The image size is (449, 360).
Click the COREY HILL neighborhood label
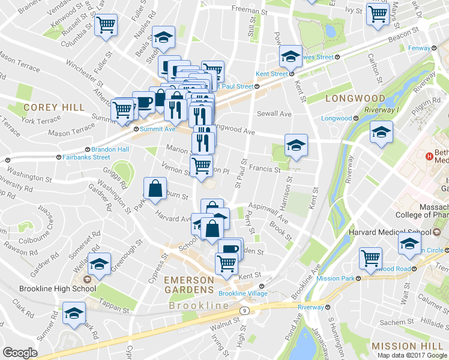coord(50,107)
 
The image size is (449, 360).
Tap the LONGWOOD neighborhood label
coord(355,98)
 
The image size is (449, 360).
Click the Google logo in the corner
coord(20,353)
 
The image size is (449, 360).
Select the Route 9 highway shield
coord(245,310)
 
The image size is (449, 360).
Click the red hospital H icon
coord(429,157)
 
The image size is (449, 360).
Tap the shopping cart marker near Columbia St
coord(106,26)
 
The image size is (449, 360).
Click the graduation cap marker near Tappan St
coord(74,313)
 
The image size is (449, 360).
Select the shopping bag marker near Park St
coord(155,188)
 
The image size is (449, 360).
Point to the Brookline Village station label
coord(239,293)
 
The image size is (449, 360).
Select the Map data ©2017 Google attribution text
coord(412,355)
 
